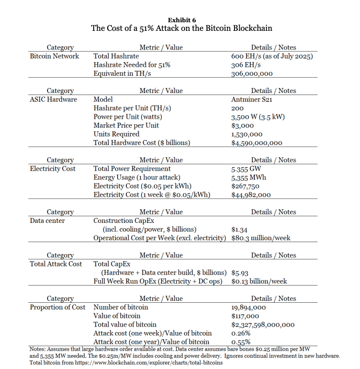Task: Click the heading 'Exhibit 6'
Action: click(x=181, y=19)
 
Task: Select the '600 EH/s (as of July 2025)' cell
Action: click(x=272, y=56)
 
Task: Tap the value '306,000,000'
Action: click(x=252, y=73)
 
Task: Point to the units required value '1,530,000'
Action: click(x=246, y=134)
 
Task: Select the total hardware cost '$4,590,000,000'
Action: click(x=256, y=143)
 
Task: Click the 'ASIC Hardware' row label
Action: click(x=54, y=100)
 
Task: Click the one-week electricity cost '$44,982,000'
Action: click(x=251, y=195)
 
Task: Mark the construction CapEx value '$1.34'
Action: click(x=239, y=229)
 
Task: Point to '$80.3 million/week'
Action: click(x=260, y=238)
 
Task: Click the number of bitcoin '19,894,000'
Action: click(x=249, y=307)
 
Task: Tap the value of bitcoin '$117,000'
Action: click(x=245, y=316)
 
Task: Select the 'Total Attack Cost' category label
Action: click(x=56, y=264)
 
